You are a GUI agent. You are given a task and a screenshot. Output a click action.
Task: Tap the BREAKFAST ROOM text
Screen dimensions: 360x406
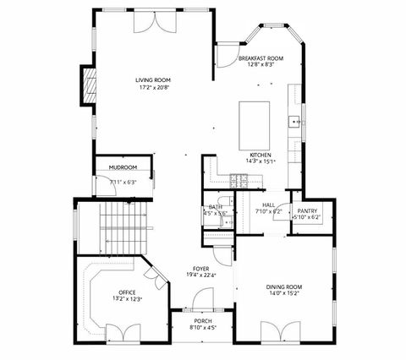coord(261,58)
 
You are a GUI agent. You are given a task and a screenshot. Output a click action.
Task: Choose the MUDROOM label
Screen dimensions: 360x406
coord(123,167)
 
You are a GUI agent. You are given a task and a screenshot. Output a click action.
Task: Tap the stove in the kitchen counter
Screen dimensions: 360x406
coord(239,179)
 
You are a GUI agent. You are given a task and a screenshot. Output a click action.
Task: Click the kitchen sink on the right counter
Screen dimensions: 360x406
coord(296,121)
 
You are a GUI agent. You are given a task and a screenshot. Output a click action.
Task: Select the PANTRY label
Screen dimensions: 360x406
coord(306,210)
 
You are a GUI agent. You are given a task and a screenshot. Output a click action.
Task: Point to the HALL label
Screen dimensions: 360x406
coord(269,205)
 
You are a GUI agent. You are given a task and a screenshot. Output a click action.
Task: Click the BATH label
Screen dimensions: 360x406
coord(216,207)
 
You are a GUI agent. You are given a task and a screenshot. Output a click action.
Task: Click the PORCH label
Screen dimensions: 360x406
coord(203,321)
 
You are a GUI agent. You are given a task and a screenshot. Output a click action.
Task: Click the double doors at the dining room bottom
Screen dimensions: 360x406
coord(279,332)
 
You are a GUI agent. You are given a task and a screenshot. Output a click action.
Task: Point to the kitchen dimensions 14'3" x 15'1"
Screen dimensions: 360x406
coord(259,161)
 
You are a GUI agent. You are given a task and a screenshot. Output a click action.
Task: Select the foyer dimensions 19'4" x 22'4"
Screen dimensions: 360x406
coord(200,275)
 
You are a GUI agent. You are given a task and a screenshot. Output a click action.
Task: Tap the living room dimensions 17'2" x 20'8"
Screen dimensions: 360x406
coord(153,87)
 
